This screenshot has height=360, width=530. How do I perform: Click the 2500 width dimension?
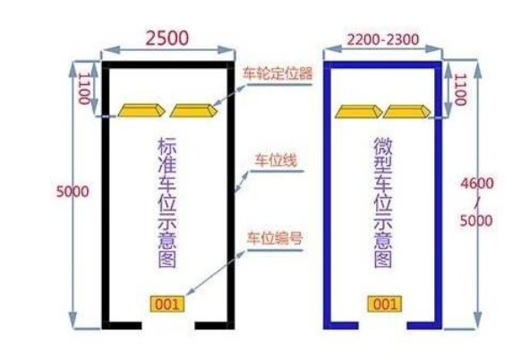tap(167, 38)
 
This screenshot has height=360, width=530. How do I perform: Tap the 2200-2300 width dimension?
tap(383, 39)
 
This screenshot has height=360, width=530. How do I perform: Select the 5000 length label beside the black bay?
tap(73, 192)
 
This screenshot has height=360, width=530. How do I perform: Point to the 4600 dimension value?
tap(477, 184)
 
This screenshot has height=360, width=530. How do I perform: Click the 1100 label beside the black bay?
tap(84, 89)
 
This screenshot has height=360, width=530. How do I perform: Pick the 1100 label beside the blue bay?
tap(459, 90)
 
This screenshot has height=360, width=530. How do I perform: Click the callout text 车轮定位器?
tap(278, 73)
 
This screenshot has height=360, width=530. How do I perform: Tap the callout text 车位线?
tap(276, 160)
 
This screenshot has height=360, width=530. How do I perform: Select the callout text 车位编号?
tap(275, 237)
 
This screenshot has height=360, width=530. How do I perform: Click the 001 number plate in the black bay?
tap(167, 304)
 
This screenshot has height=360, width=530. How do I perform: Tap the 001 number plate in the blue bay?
tap(385, 304)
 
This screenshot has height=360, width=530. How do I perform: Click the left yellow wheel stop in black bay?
tap(141, 110)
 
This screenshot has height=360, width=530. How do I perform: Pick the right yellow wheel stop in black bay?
tap(193, 110)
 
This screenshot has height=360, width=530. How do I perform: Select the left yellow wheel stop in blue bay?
tap(359, 112)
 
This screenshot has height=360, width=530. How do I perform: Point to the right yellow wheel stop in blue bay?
tap(406, 112)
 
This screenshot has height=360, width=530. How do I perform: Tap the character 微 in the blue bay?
tap(383, 146)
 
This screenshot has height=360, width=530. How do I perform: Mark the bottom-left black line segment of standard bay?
tap(122, 325)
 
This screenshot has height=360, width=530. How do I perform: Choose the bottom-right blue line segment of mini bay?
tap(424, 325)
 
